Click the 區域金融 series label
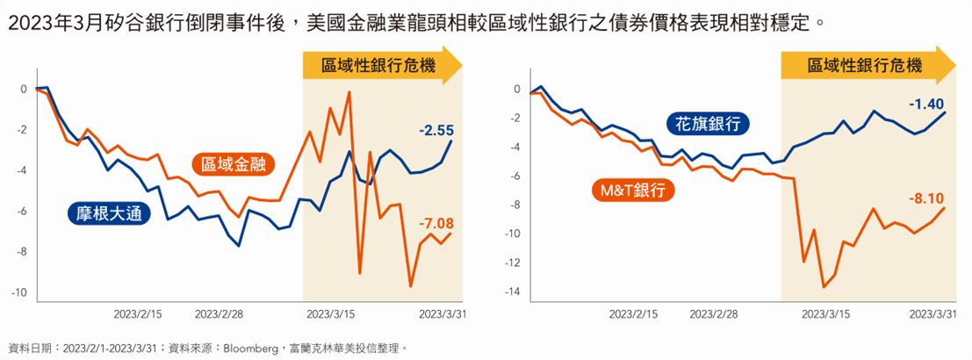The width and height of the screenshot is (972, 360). point(233,163)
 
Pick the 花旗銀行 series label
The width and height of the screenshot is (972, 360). point(708,123)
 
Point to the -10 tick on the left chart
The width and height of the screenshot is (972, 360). point(19,292)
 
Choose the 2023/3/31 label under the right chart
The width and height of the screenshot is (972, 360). point(932,313)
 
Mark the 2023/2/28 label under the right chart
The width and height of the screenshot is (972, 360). point(718,313)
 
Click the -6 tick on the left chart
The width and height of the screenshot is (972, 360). point(21,212)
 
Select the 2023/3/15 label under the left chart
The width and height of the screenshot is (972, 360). point(329,313)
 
